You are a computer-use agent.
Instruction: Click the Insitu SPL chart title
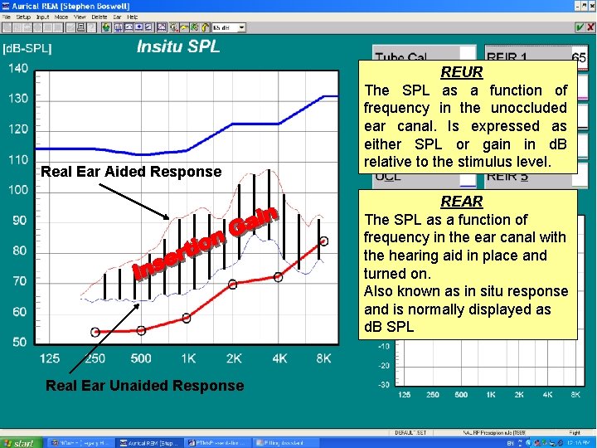[178, 46]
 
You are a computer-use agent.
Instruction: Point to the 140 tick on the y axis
[18, 68]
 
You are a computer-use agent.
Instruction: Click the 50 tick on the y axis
[18, 342]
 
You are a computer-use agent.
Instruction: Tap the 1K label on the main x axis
[188, 358]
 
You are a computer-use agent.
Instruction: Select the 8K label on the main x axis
[323, 358]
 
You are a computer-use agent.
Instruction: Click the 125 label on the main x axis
[50, 358]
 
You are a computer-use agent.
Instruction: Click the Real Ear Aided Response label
[131, 172]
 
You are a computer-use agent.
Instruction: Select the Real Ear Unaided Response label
[144, 386]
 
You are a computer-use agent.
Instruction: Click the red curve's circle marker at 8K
[323, 241]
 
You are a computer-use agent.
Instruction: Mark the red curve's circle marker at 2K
[232, 284]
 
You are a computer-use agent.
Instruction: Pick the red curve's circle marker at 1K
[187, 318]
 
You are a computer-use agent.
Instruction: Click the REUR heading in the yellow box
[462, 73]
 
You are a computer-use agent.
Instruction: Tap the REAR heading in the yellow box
[462, 202]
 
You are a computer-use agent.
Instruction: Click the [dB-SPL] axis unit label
[27, 48]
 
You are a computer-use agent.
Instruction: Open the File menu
[7, 17]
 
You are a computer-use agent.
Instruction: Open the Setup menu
[23, 17]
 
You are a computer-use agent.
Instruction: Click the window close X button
[589, 4]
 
